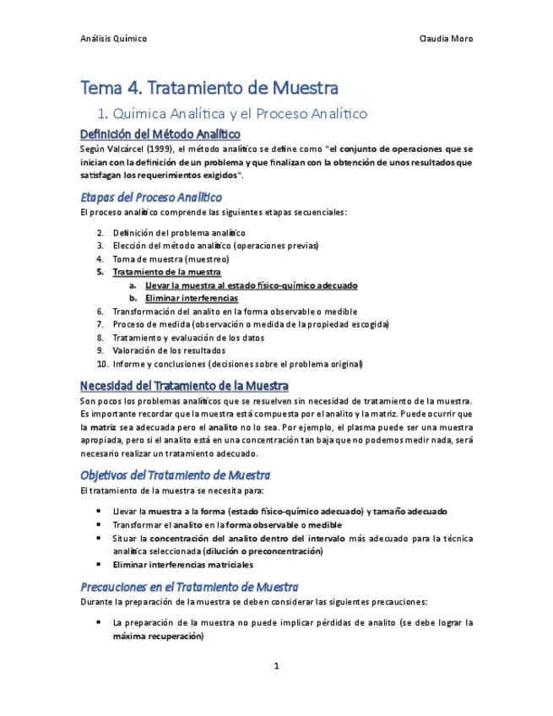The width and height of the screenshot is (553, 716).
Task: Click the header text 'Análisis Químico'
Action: click(113, 39)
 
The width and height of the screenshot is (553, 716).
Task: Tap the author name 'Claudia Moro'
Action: click(446, 39)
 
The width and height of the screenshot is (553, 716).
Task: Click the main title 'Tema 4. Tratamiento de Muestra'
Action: click(209, 88)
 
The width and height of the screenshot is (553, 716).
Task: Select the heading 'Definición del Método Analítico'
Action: click(160, 134)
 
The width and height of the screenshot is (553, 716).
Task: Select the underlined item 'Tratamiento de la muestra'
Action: click(166, 272)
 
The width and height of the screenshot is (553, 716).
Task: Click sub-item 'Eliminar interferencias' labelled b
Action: click(191, 298)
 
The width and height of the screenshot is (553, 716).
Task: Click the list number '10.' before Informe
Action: click(102, 364)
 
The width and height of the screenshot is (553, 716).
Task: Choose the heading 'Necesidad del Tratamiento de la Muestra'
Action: click(184, 386)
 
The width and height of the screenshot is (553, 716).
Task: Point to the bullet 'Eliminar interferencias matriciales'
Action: click(182, 564)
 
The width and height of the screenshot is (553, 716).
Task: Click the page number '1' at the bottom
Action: click(276, 666)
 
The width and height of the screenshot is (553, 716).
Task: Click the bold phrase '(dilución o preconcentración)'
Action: click(263, 551)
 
